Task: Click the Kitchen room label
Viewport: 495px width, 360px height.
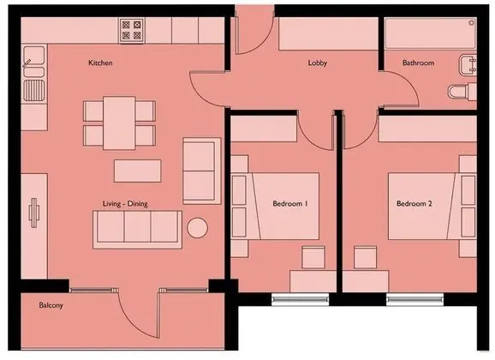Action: (100, 63)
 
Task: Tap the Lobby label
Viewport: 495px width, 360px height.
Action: (317, 63)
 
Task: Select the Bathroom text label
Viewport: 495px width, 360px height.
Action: (418, 63)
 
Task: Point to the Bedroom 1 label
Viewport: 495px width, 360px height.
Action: (290, 203)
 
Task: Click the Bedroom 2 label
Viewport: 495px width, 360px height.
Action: (414, 203)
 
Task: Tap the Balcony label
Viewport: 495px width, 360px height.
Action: (51, 305)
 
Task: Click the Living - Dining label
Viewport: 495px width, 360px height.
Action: (125, 204)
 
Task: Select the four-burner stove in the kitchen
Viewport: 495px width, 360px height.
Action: (132, 30)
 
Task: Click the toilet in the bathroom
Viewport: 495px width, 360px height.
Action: (462, 92)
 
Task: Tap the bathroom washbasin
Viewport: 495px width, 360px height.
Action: (468, 65)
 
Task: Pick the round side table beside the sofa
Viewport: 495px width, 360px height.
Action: (197, 228)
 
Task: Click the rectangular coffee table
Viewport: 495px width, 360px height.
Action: (138, 171)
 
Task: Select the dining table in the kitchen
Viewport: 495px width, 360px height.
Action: (119, 123)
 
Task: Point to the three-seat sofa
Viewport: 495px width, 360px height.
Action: (137, 230)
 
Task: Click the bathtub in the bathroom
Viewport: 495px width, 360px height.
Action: (431, 33)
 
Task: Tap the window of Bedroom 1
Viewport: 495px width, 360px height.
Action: (301, 300)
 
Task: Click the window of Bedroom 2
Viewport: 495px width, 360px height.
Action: (414, 300)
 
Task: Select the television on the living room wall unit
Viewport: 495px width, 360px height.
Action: (34, 213)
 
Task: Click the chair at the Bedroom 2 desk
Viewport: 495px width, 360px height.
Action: (365, 258)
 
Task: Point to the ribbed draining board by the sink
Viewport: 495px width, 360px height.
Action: (34, 91)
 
